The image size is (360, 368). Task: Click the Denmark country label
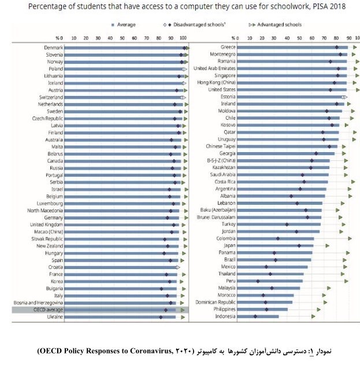[54, 47]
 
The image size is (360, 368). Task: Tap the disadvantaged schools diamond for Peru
[258, 281]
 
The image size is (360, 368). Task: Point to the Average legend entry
[124, 25]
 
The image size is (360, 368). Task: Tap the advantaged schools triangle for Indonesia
[314, 316]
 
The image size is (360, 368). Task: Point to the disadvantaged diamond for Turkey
[287, 224]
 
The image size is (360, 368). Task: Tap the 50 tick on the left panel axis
[122, 38]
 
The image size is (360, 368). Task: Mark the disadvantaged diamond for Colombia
[278, 238]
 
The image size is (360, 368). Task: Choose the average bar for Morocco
[266, 295]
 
